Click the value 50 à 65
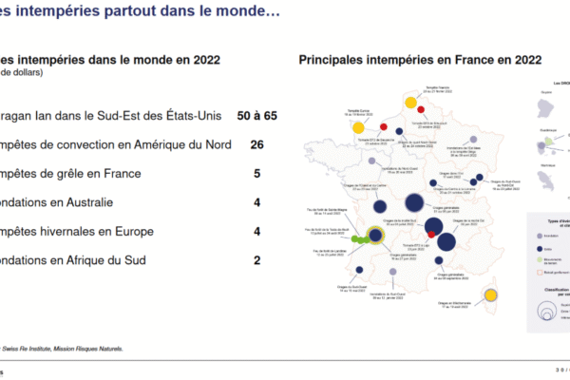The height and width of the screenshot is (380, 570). click(256, 116)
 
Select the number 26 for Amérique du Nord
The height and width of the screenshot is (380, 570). click(256, 145)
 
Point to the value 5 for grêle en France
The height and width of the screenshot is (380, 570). click(256, 174)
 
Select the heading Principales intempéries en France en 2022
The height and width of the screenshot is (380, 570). click(415, 60)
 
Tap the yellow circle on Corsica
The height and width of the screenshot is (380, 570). click(492, 295)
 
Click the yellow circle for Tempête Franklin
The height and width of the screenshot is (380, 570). click(411, 103)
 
